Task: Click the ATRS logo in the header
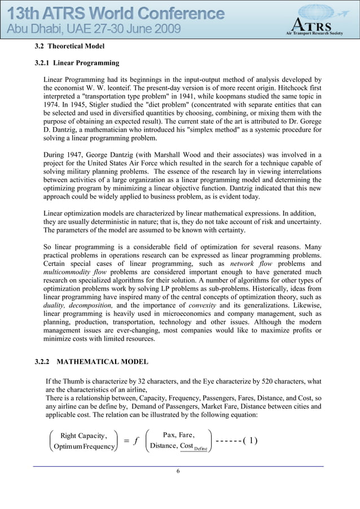(x=314, y=25)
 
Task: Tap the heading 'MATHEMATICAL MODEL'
(x=103, y=361)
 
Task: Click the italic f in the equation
(x=136, y=441)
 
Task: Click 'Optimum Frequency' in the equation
(x=80, y=447)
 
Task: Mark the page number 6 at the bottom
(x=178, y=472)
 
